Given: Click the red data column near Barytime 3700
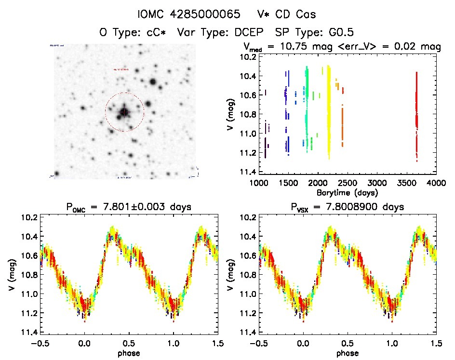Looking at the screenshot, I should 416,116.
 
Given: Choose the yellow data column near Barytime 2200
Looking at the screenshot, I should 329,111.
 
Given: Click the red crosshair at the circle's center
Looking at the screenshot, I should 124,112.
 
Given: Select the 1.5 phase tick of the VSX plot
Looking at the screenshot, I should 435,343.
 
